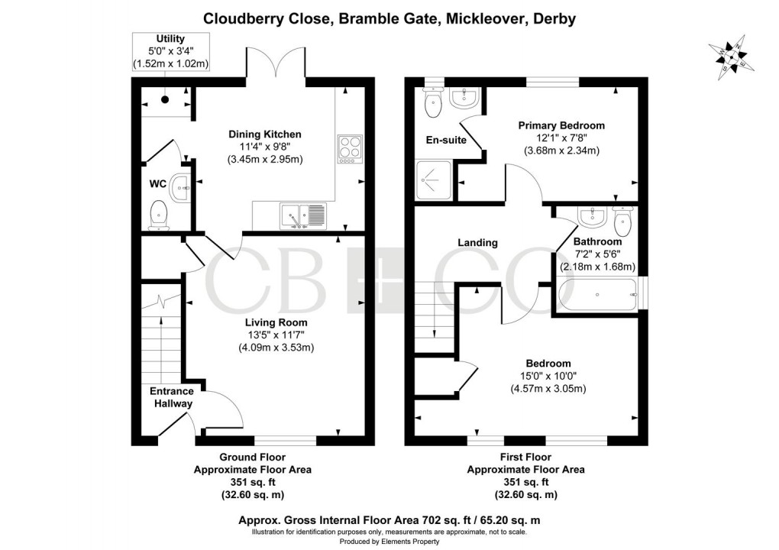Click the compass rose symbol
tap(734, 57)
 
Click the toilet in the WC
tap(159, 215)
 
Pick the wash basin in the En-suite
tap(464, 97)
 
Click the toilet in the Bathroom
tap(622, 222)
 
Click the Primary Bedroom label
tap(561, 125)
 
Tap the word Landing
tap(477, 243)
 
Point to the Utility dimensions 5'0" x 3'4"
tap(170, 51)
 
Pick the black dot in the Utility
tap(165, 99)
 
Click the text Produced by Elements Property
tap(389, 542)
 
